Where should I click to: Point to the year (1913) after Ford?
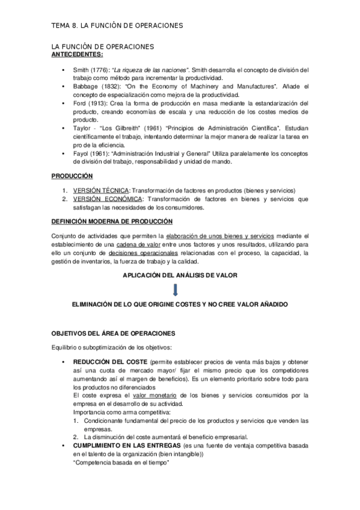click(x=97, y=103)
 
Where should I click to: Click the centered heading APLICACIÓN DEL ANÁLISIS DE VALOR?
click(x=180, y=274)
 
